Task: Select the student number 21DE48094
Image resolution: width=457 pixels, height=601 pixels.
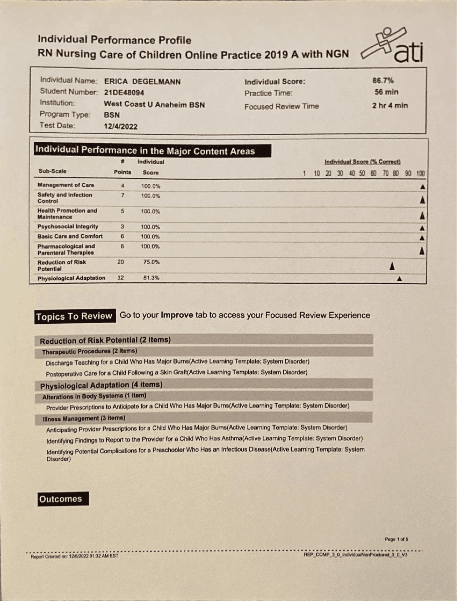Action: point(124,93)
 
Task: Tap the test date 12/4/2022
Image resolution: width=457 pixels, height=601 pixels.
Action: point(120,126)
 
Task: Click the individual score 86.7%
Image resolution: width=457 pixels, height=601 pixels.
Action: point(383,81)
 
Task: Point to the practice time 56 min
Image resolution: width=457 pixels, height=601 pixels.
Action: point(386,92)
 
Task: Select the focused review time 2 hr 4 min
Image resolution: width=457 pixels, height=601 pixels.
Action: point(390,106)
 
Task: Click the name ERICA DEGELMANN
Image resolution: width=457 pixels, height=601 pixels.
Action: point(142,82)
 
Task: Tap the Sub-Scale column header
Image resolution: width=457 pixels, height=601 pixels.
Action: point(52,171)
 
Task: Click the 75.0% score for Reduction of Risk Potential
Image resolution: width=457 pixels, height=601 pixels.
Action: point(151,262)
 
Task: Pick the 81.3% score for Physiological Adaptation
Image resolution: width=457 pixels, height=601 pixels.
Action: point(151,278)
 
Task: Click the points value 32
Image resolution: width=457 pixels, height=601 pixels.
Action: point(121,278)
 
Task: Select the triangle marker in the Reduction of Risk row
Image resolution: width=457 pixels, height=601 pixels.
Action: point(392,266)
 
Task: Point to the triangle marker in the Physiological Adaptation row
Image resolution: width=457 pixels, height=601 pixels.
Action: point(400,279)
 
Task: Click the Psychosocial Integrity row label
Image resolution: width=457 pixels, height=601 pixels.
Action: point(67,227)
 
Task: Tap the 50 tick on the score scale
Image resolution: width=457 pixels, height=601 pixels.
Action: point(362,173)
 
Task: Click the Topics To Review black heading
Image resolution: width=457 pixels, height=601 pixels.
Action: point(75,316)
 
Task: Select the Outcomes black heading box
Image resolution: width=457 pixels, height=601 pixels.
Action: point(63,499)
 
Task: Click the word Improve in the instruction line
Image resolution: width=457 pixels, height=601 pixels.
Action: point(177,315)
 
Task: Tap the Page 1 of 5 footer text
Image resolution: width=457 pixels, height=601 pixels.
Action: point(396,539)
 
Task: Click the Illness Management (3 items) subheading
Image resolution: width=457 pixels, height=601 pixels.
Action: point(84,418)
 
